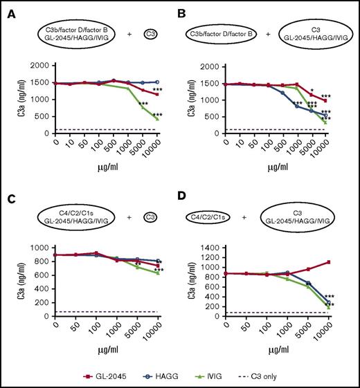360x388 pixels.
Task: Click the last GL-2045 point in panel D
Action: pos(326,262)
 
